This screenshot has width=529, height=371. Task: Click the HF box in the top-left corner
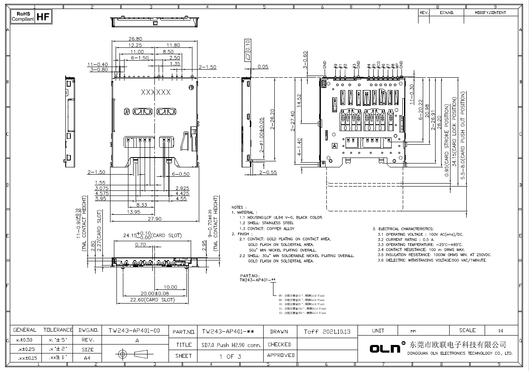point(43,17)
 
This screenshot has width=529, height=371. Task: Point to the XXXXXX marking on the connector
point(155,92)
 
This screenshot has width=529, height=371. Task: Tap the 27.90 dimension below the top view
point(154,219)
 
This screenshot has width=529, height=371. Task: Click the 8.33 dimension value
point(142,205)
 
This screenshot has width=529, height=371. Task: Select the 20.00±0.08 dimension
point(155,294)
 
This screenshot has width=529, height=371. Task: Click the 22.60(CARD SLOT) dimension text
point(152,300)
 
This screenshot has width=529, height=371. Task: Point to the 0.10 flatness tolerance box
point(248,45)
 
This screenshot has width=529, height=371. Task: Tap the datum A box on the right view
point(335,146)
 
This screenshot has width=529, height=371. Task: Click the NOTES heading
point(237,207)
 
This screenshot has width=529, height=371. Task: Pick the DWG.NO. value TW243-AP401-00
point(134,330)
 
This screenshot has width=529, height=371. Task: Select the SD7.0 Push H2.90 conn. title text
point(230,345)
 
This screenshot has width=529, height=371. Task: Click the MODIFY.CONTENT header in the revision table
point(490,13)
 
